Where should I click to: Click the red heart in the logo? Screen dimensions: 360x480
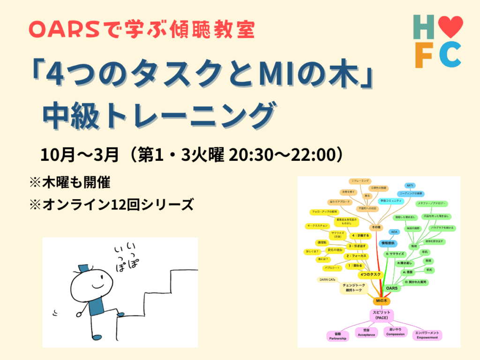452,26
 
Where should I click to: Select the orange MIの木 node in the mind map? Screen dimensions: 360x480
383,300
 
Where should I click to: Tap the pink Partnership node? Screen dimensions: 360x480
337,336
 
